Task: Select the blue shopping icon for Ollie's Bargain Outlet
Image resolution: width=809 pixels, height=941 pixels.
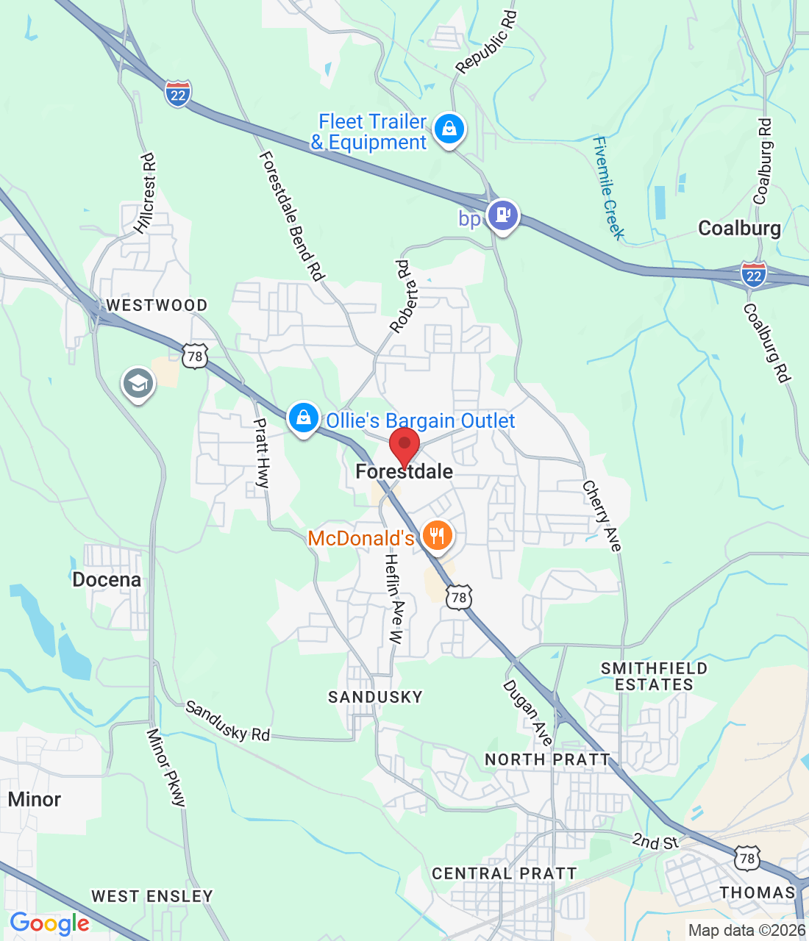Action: pyautogui.click(x=303, y=418)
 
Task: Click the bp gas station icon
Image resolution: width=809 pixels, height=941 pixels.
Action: pyautogui.click(x=503, y=215)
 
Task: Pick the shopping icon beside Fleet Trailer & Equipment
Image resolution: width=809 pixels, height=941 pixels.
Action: pyautogui.click(x=449, y=129)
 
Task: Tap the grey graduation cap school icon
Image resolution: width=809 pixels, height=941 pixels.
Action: pyautogui.click(x=138, y=383)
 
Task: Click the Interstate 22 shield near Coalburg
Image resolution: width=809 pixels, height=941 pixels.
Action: pyautogui.click(x=753, y=274)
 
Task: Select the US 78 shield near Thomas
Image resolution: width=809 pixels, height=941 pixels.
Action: pyautogui.click(x=747, y=857)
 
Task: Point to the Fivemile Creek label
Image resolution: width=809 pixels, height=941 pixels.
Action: pyautogui.click(x=609, y=188)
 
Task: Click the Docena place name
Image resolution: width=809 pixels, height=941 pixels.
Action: pyautogui.click(x=107, y=580)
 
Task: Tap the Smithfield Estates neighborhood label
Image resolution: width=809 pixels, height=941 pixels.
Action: pyautogui.click(x=654, y=676)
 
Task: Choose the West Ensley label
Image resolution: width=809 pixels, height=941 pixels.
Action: pyautogui.click(x=152, y=896)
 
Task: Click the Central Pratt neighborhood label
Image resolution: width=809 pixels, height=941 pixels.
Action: pyautogui.click(x=504, y=873)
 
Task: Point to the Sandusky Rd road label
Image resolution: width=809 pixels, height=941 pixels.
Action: pyautogui.click(x=227, y=721)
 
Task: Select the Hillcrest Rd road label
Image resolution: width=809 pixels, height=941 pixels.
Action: pyautogui.click(x=146, y=193)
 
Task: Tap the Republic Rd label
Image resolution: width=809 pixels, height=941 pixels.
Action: pyautogui.click(x=486, y=42)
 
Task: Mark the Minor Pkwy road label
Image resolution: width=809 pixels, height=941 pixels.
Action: pyautogui.click(x=166, y=768)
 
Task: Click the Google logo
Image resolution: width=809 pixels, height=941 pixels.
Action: pyautogui.click(x=50, y=923)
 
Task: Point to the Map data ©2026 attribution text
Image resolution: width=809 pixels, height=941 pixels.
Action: pyautogui.click(x=746, y=930)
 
